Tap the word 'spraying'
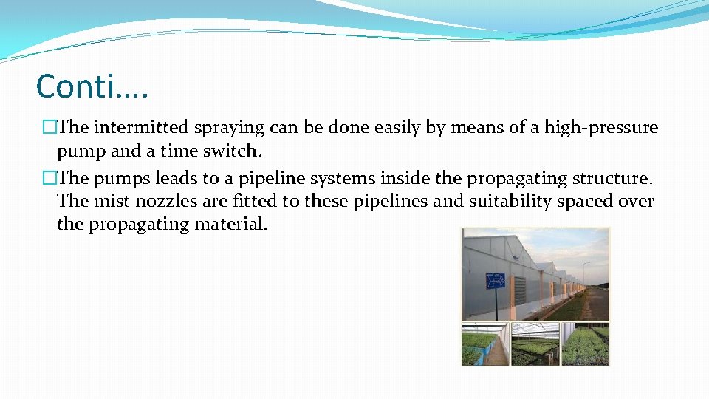click(230, 128)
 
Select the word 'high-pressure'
click(601, 128)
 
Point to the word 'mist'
click(111, 202)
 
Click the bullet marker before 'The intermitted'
click(49, 128)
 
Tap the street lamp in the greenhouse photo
click(584, 273)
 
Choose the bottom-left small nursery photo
click(484, 344)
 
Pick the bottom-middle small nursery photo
click(535, 344)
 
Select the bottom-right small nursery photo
click(585, 344)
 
